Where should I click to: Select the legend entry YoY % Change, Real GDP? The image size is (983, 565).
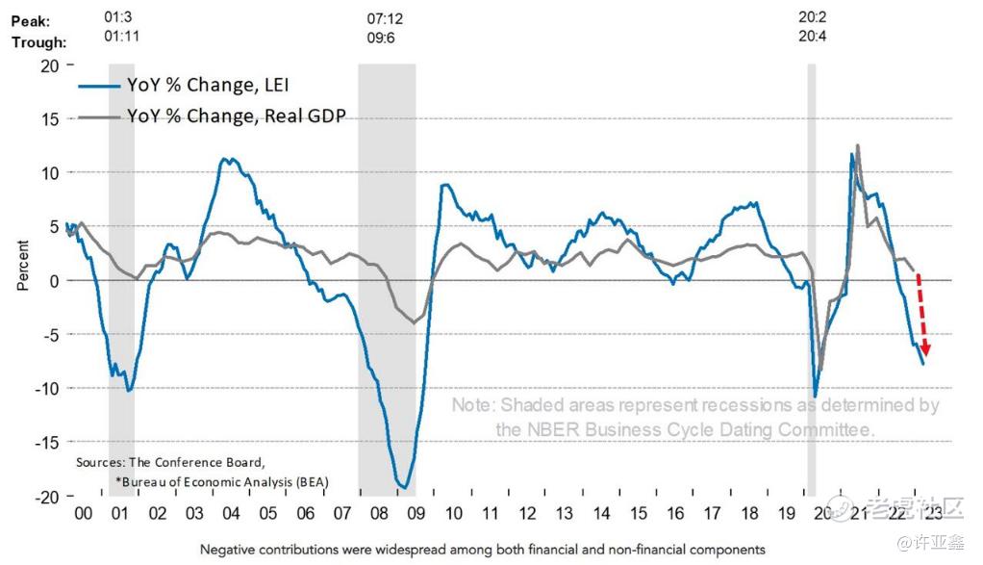point(236,116)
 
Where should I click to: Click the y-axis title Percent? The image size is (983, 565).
point(22,267)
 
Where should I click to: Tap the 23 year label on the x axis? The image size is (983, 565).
point(931,515)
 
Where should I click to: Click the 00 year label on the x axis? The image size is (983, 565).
point(83,515)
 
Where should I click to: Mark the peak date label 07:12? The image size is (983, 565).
point(387,19)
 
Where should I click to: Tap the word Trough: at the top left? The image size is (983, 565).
point(38,41)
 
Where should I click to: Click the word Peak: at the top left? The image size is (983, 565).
point(32,19)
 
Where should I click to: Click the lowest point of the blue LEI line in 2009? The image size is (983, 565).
point(405,488)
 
